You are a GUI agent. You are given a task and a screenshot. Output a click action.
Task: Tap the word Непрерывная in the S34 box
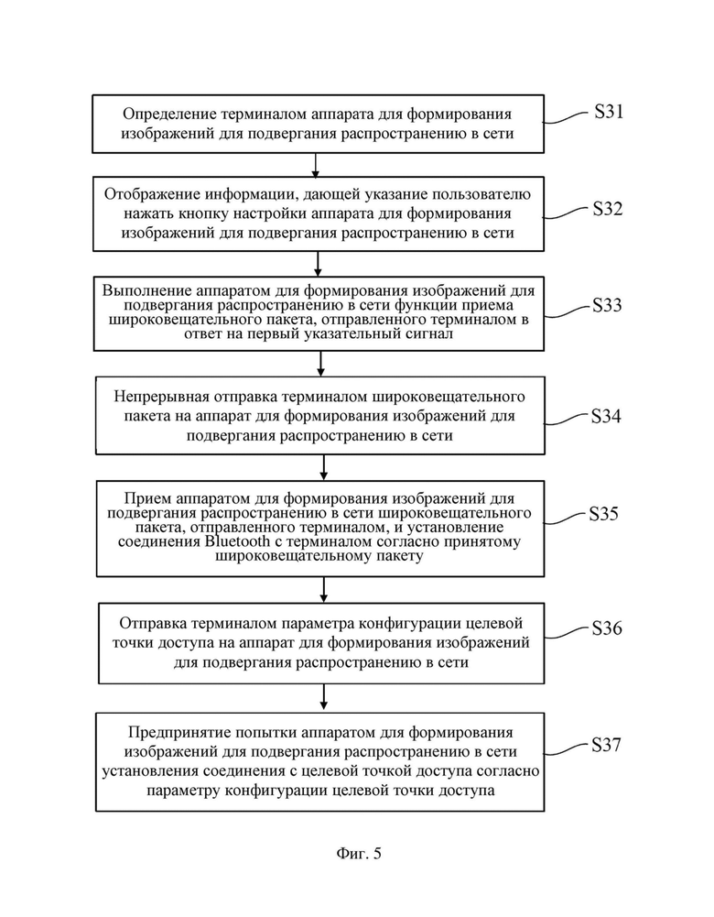pyautogui.click(x=162, y=398)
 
